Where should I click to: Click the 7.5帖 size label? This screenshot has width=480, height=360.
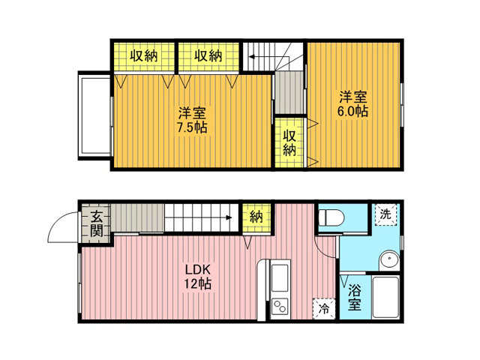click(x=192, y=127)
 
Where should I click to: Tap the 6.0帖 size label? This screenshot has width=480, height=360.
click(x=352, y=112)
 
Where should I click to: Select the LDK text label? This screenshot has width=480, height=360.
click(x=198, y=270)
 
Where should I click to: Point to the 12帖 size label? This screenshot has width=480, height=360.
click(x=197, y=283)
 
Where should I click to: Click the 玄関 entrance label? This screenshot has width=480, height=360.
click(x=96, y=223)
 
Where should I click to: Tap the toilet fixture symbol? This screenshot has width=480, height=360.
click(x=331, y=217)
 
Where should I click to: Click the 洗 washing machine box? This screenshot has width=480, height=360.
click(x=385, y=214)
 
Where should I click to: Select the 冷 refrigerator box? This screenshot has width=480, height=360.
click(x=324, y=308)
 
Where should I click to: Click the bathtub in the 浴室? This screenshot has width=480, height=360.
click(x=385, y=297)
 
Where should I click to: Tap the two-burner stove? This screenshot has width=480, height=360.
click(x=280, y=306)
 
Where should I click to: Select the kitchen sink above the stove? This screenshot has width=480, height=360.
click(x=280, y=278)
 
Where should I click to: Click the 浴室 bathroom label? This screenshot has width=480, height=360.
click(x=355, y=297)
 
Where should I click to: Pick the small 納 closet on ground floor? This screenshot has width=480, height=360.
click(x=256, y=217)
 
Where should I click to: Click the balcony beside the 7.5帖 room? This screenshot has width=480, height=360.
click(x=95, y=115)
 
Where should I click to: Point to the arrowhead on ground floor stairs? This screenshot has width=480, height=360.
click(x=228, y=217)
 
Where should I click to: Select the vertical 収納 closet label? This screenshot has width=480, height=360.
click(x=289, y=143)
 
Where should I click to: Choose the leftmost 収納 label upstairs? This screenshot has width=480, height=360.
click(x=144, y=56)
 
